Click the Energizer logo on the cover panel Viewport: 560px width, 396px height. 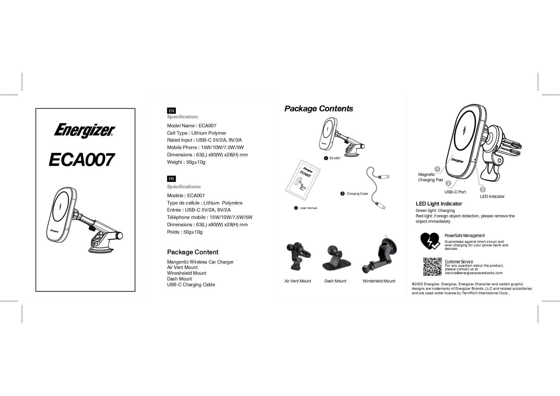pos(84,131)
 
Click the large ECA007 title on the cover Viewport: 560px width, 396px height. pos(82,160)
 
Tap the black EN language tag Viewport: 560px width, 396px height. pos(171,111)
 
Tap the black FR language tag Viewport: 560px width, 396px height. pos(171,179)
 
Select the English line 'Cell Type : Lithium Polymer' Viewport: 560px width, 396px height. pos(197,133)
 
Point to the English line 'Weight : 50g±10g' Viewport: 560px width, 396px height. pos(186,162)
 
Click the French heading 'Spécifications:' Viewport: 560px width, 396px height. pos(184,187)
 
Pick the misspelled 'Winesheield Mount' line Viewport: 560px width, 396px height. pos(187,273)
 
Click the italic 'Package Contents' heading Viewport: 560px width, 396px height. pos(318,108)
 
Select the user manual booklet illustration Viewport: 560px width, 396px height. pos(303,180)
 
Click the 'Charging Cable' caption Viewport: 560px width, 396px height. pos(357,194)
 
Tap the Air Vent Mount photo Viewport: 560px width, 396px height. pos(298,257)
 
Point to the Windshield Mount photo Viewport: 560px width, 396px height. pos(380,255)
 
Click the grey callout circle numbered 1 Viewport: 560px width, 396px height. pos(437,169)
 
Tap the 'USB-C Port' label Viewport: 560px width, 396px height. pos(455,192)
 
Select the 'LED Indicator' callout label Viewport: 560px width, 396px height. pos(492,197)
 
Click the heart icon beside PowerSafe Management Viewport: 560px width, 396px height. pos(430,241)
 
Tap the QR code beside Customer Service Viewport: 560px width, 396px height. pos(432,267)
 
